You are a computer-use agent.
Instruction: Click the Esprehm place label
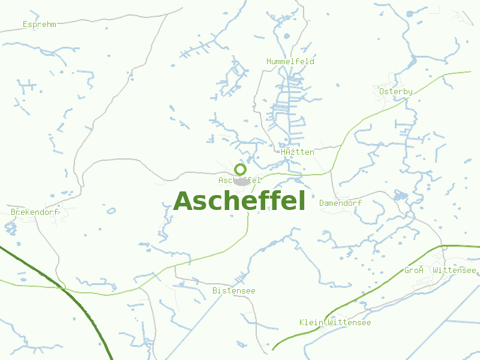[39, 25]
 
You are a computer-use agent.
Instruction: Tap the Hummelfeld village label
[290, 61]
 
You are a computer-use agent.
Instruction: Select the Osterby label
[396, 91]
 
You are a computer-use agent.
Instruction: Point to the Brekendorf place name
[34, 212]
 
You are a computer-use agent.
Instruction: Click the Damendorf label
[340, 203]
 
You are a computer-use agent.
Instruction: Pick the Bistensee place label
[233, 291]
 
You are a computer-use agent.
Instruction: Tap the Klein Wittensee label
[335, 323]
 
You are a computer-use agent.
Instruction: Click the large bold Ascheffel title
[239, 201]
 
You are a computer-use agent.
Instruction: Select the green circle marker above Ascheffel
[241, 169]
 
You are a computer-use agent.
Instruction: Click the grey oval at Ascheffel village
[242, 181]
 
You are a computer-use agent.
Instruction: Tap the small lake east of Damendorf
[400, 196]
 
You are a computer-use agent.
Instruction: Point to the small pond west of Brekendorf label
[10, 227]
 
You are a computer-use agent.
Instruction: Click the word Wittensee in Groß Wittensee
[454, 270]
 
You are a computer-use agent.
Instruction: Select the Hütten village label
[298, 152]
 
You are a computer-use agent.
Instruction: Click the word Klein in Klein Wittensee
[311, 323]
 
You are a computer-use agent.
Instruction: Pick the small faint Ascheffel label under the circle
[239, 180]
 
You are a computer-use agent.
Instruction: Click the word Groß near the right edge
[414, 270]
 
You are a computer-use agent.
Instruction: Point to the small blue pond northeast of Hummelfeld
[412, 62]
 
